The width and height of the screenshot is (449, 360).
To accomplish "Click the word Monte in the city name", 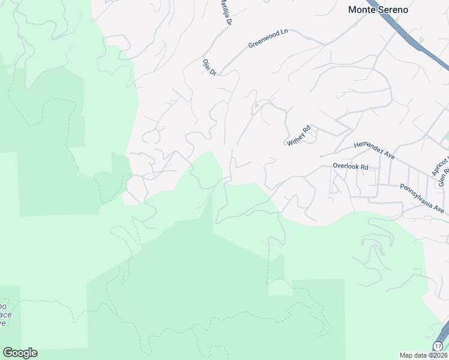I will pyautogui.click(x=363, y=10).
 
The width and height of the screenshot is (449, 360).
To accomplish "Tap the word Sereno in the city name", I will pyautogui.click(x=393, y=10).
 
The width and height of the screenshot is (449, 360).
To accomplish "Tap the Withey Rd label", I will pyautogui.click(x=298, y=136).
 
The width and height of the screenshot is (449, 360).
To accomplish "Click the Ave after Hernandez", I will pyautogui.click(x=390, y=155).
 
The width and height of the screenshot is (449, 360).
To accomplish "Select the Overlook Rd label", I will pyautogui.click(x=350, y=167).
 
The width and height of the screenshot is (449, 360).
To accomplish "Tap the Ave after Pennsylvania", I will pyautogui.click(x=440, y=210).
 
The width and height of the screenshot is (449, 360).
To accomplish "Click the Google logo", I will pyautogui.click(x=20, y=353).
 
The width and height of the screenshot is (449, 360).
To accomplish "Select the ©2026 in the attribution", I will pyautogui.click(x=438, y=355).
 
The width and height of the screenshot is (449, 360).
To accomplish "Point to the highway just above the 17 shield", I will pyautogui.click(x=444, y=332).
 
